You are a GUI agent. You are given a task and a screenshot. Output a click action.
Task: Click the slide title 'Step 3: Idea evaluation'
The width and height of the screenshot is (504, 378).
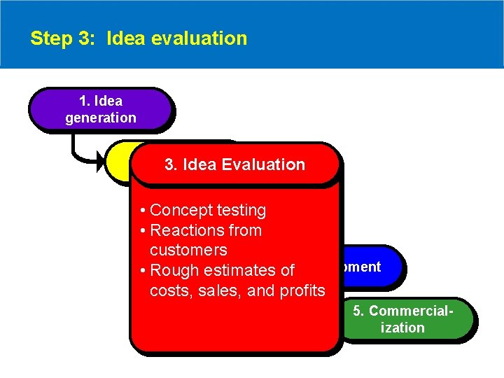point(139,38)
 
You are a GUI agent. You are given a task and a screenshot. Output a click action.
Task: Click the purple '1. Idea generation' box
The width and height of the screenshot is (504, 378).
point(100,109)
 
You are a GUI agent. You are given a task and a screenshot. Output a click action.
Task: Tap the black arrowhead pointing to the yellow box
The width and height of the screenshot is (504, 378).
point(99,165)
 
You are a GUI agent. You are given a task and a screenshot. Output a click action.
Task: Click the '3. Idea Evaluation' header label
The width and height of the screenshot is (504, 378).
point(234,164)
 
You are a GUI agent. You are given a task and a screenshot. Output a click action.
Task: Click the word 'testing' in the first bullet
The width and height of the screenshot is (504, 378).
point(241,210)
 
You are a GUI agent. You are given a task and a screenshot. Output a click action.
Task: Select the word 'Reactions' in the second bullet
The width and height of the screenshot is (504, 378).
point(184,230)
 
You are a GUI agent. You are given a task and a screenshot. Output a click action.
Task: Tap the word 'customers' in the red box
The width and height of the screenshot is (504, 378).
point(188,250)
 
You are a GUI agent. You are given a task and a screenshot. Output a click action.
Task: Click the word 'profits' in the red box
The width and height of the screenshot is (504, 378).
point(301,290)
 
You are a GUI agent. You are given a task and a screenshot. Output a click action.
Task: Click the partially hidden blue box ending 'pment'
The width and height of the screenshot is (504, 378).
point(370,267)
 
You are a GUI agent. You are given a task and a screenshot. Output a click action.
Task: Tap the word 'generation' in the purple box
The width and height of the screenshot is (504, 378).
point(101,118)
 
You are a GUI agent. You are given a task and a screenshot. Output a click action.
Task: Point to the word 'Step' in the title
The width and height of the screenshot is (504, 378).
point(46,38)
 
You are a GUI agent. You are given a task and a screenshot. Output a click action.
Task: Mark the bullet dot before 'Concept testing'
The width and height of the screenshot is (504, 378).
point(142,211)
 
